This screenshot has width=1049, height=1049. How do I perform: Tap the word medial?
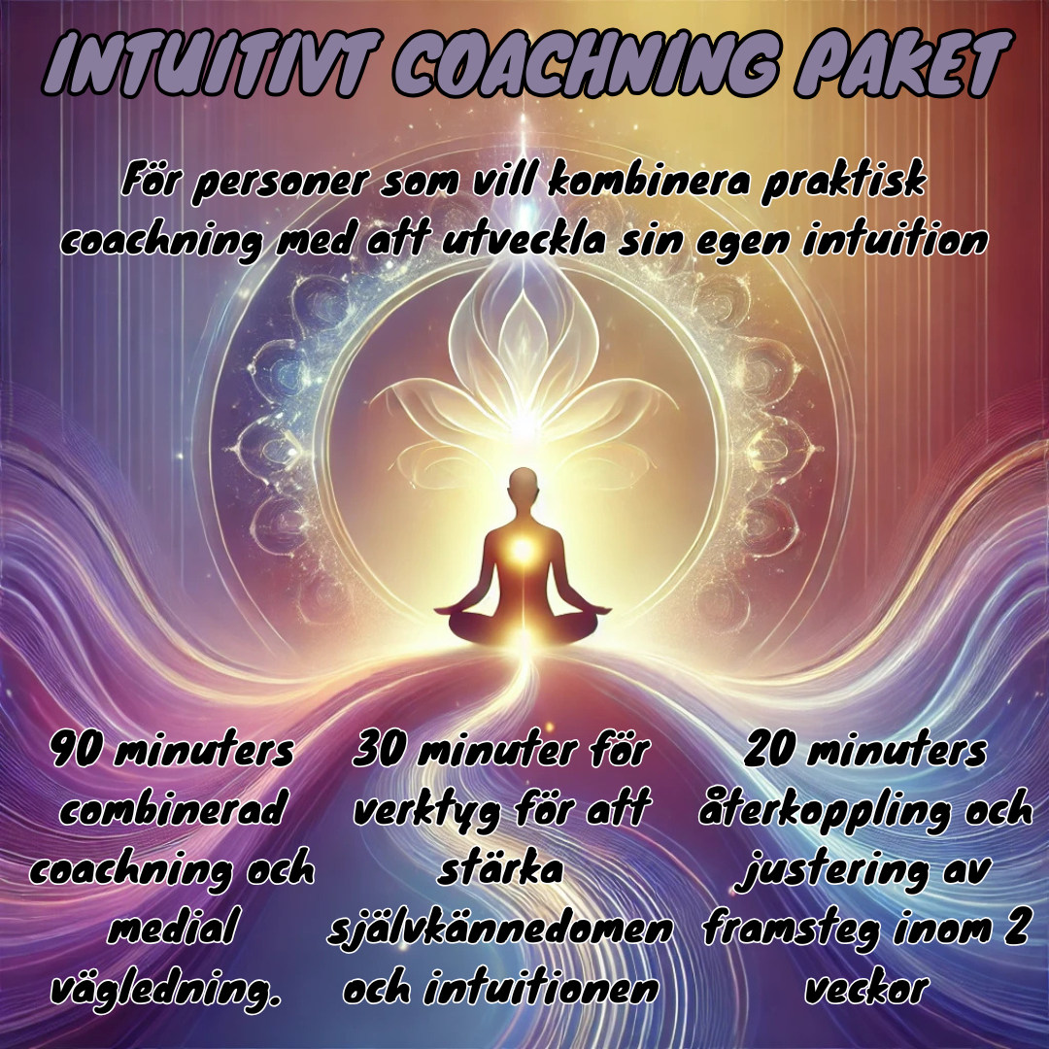[x=171, y=929]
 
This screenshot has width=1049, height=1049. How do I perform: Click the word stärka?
[x=500, y=869]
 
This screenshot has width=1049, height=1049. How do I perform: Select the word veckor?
[x=865, y=988]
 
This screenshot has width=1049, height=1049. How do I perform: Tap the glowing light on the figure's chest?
[x=524, y=552]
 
